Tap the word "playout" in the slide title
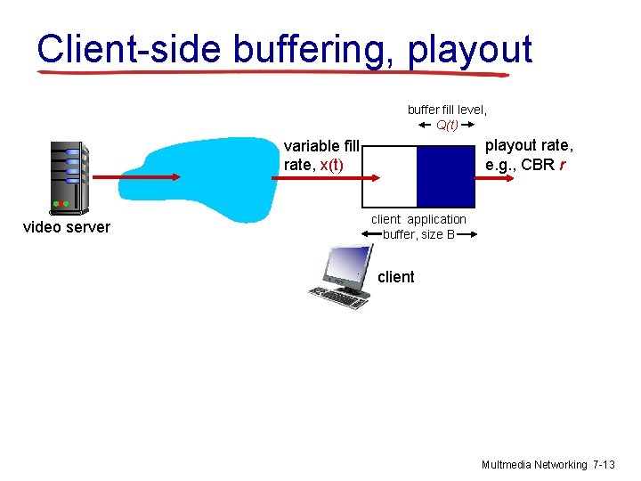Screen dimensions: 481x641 tap(469, 49)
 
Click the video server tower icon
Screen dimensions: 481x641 tap(68, 177)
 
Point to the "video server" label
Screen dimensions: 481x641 tap(67, 227)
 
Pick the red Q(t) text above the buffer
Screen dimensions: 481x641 tap(447, 125)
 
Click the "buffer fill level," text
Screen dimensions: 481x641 tap(447, 110)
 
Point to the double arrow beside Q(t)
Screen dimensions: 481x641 tap(424, 126)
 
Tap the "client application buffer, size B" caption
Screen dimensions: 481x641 tap(418, 227)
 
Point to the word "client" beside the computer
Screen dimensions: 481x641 tap(395, 277)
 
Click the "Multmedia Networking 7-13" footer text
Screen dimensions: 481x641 tap(548, 465)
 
